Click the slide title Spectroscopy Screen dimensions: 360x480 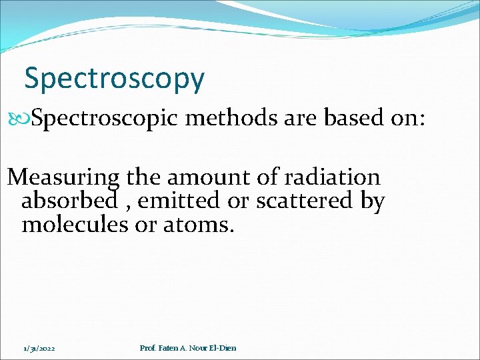(x=114, y=79)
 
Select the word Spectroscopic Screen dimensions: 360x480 (x=105, y=119)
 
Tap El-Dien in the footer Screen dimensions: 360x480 (x=221, y=348)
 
